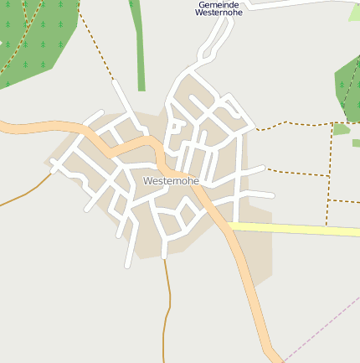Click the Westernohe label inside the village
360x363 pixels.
[x=171, y=181]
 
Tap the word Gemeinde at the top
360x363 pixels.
[x=219, y=5]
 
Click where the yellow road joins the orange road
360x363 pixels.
[x=229, y=225]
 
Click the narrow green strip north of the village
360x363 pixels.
[x=138, y=50]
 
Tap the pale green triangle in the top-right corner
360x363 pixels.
[x=355, y=13]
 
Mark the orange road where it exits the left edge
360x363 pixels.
[x=4, y=127]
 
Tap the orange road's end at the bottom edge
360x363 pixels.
[x=272, y=356]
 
